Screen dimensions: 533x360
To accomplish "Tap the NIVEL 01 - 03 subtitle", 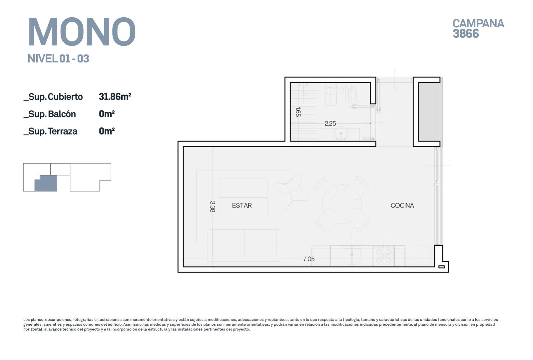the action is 58,59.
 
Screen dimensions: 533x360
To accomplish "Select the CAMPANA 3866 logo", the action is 478,28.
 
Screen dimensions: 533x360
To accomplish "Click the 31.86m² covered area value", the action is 115,97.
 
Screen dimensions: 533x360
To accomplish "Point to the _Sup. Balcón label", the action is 50,114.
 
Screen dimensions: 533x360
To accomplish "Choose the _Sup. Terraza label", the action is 50,131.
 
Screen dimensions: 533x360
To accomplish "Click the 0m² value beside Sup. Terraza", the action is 107,131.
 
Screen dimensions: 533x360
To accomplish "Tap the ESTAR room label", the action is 242,205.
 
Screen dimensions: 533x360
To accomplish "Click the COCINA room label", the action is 402,205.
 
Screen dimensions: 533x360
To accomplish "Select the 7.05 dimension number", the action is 308,259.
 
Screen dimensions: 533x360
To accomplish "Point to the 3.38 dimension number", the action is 212,206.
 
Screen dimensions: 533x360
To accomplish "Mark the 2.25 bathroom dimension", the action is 330,124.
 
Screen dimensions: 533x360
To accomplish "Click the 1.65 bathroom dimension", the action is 298,112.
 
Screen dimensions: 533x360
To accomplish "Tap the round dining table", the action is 342,204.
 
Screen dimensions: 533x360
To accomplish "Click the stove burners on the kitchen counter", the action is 384,256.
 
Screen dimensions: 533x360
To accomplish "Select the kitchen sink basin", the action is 352,254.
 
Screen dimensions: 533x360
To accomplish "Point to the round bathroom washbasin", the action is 341,133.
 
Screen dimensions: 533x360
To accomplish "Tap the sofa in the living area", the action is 245,245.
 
